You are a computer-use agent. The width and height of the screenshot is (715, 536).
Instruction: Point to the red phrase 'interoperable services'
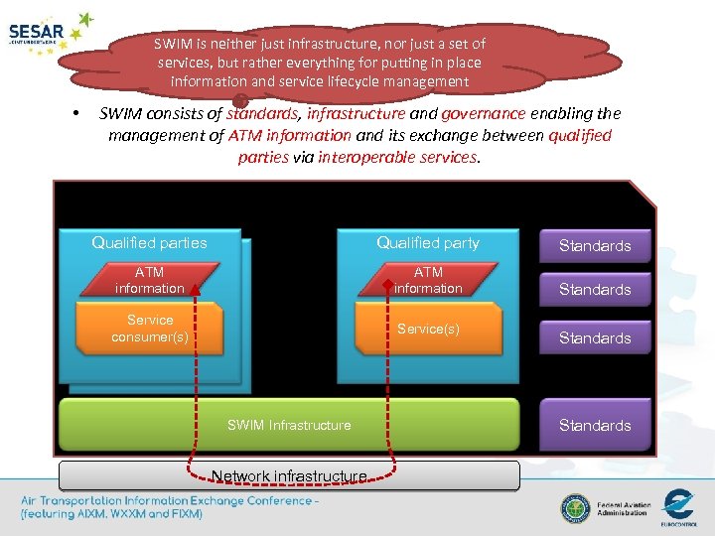(x=397, y=157)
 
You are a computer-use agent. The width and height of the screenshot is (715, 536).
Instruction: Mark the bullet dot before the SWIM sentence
(x=75, y=113)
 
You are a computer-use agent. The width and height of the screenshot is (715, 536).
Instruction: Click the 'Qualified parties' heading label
(x=149, y=242)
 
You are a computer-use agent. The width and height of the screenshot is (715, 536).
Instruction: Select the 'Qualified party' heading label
(x=427, y=242)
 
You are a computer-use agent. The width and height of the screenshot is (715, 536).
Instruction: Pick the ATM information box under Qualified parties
(x=149, y=280)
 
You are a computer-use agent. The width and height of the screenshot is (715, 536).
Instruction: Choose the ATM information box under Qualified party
(x=428, y=280)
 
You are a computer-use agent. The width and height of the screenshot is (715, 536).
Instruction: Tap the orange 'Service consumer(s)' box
(x=150, y=328)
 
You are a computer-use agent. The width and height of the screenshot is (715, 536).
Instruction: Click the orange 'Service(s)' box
(x=428, y=329)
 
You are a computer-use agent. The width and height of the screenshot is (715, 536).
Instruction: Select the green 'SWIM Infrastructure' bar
(x=289, y=425)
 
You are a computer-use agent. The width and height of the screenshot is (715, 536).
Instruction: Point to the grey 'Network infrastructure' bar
(x=289, y=476)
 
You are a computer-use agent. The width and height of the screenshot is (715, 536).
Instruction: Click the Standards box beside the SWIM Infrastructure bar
(x=595, y=425)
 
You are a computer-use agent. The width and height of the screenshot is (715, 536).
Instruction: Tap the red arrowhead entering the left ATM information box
(x=197, y=289)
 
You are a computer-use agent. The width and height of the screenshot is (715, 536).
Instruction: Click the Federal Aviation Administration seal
(x=575, y=509)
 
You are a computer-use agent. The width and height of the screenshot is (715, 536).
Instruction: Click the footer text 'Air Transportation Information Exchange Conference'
(x=170, y=500)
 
